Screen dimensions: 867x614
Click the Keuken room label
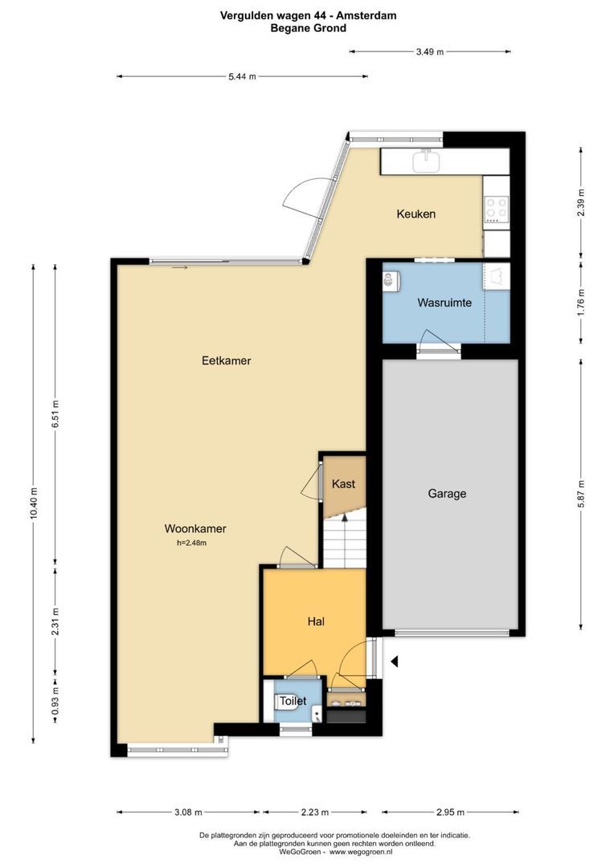(x=415, y=214)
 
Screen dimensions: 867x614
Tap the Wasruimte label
(x=444, y=303)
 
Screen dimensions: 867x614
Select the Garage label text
(x=446, y=494)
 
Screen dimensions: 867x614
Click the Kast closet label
(x=343, y=484)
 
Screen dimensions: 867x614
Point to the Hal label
(x=315, y=621)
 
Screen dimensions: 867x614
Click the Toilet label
(x=293, y=701)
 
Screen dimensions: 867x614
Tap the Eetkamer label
(x=226, y=360)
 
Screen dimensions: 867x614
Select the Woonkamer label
(x=194, y=529)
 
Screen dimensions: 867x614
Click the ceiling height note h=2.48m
(x=192, y=543)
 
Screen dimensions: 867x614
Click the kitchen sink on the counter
(x=425, y=162)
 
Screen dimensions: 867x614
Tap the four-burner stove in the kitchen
(x=496, y=210)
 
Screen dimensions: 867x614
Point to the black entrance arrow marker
(x=395, y=661)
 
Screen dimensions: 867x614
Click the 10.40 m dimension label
(x=34, y=503)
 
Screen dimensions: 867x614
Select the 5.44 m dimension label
(x=242, y=77)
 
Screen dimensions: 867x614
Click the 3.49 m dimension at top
(x=429, y=51)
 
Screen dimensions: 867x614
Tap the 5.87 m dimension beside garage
(x=581, y=495)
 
